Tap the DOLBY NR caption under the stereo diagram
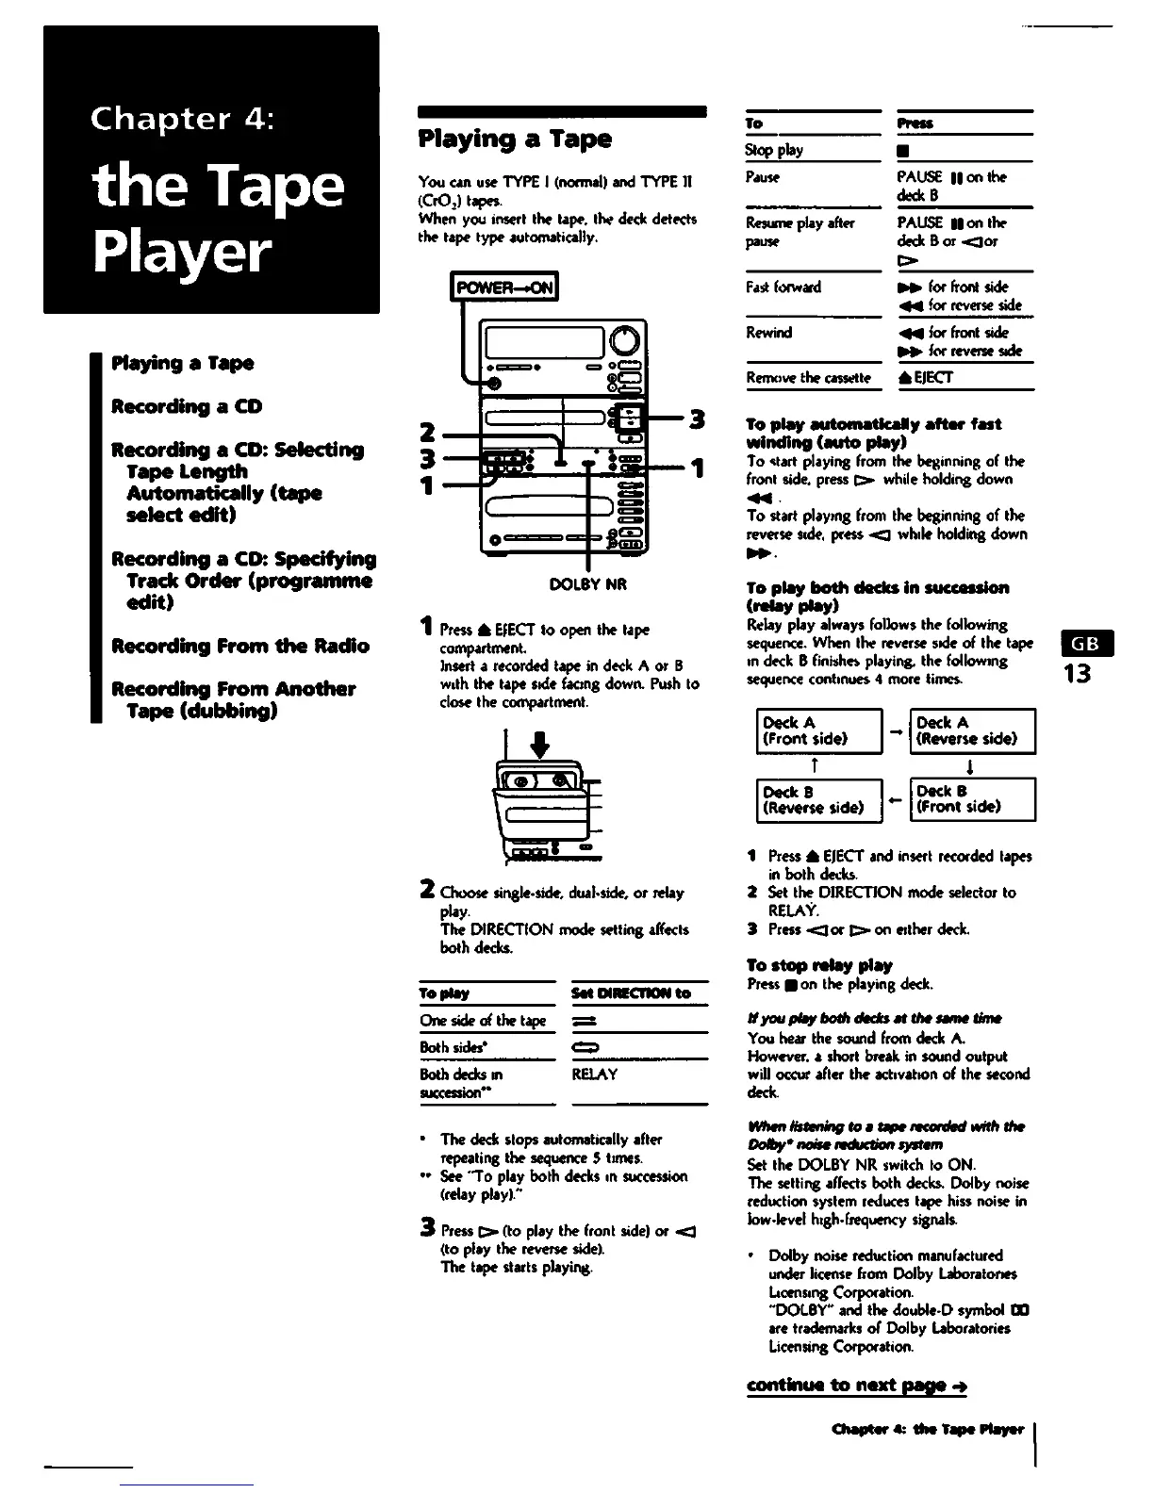pyautogui.click(x=587, y=584)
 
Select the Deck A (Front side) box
pyautogui.click(x=818, y=730)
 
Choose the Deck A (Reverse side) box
pyautogui.click(x=972, y=730)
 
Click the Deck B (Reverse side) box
pyautogui.click(x=818, y=799)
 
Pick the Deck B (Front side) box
pyautogui.click(x=972, y=799)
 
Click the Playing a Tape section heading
pyautogui.click(x=515, y=139)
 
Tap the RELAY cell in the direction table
pyautogui.click(x=595, y=1075)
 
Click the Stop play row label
pyautogui.click(x=774, y=150)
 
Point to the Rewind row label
pyautogui.click(x=768, y=333)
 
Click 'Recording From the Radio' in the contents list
pyautogui.click(x=240, y=646)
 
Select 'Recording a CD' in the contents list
pyautogui.click(x=187, y=406)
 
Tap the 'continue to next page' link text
pyautogui.click(x=855, y=1386)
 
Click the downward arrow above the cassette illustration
pyautogui.click(x=540, y=746)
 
